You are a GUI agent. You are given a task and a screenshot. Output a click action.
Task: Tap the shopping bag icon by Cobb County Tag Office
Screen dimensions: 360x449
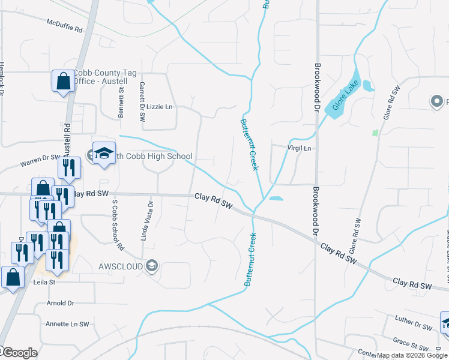tap(63, 80)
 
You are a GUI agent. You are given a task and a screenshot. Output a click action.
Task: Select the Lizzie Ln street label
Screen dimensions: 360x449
tap(160, 107)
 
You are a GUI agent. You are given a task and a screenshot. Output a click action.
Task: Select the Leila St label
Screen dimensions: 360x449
tap(44, 281)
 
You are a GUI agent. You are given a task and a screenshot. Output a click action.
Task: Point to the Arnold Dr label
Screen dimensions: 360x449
tap(60, 304)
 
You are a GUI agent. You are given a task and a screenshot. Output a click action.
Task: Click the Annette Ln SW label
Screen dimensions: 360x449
tap(67, 324)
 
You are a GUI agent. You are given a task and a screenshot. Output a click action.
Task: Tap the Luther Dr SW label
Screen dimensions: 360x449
tap(414, 323)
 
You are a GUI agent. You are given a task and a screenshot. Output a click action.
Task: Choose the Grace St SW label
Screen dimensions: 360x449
tap(411, 346)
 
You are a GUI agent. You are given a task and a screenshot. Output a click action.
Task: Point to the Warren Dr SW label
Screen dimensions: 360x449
tap(40, 161)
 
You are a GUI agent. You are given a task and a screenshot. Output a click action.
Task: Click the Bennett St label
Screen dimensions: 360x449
tap(121, 102)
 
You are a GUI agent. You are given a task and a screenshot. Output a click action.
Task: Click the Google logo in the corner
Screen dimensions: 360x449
tap(20, 353)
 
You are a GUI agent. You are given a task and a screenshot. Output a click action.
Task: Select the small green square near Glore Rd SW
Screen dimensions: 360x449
tap(376, 132)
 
